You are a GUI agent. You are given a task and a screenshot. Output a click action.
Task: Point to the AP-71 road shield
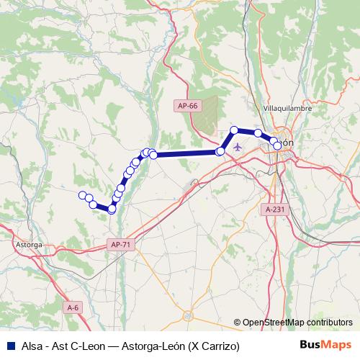coord(121,245)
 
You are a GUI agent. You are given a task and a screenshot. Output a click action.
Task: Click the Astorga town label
coord(29,245)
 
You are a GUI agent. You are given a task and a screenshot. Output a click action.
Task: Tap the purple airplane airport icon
coord(238,148)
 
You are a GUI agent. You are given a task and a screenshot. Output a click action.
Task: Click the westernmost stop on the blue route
coord(82,195)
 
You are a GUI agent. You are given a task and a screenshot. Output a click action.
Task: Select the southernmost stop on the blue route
coord(112,209)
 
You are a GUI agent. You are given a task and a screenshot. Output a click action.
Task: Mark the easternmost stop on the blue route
coord(277,146)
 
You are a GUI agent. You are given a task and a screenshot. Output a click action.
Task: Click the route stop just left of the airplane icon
coord(220,151)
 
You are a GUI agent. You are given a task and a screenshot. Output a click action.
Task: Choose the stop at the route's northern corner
coord(234,130)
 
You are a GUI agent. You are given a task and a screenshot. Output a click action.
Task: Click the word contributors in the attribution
coord(330,323)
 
